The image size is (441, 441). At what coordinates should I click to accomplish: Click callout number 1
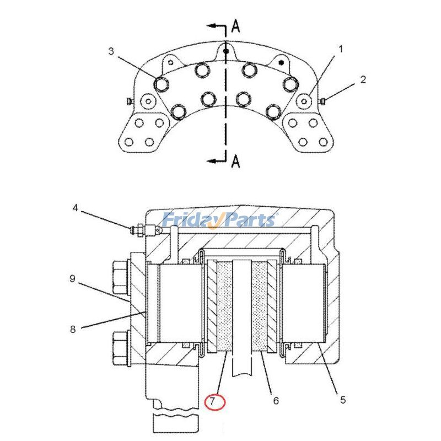[340, 49]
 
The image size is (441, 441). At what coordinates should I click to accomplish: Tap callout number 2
[363, 79]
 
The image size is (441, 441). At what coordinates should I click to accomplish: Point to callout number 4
[76, 208]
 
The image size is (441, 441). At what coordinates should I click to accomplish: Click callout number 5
[342, 400]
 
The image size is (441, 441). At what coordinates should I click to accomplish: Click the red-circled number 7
[215, 401]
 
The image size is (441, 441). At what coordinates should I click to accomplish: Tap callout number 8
[72, 330]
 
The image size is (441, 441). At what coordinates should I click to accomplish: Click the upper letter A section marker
[235, 25]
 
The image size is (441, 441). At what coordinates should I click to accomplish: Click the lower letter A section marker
[236, 161]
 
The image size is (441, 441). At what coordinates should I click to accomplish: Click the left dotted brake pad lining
[225, 306]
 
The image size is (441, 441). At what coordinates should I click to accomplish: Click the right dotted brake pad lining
[259, 306]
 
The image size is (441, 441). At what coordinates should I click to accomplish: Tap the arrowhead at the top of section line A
[209, 25]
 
